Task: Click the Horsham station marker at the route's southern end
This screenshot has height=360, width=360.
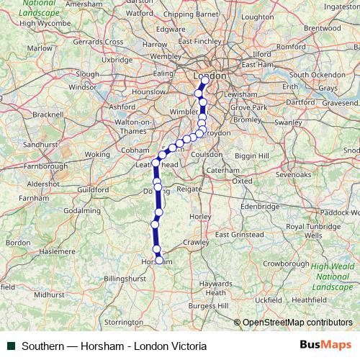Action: (159, 261)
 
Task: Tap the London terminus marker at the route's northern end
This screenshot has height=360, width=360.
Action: (204, 80)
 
